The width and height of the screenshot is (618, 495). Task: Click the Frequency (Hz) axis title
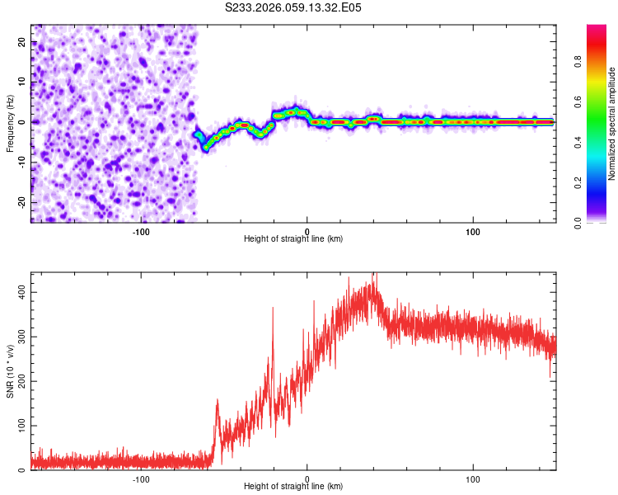pyautogui.click(x=10, y=123)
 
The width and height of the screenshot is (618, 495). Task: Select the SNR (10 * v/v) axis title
pyautogui.click(x=10, y=370)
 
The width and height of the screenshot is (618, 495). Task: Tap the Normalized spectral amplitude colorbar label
pyautogui.click(x=612, y=123)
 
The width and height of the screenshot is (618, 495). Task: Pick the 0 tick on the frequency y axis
pyautogui.click(x=22, y=122)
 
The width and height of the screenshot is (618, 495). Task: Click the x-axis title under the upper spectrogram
pyautogui.click(x=293, y=239)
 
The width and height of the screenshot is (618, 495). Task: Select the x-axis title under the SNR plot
pyautogui.click(x=293, y=487)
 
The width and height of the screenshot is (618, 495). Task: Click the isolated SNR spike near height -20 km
pyautogui.click(x=273, y=308)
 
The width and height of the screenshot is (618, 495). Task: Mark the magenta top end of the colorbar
pyautogui.click(x=596, y=28)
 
